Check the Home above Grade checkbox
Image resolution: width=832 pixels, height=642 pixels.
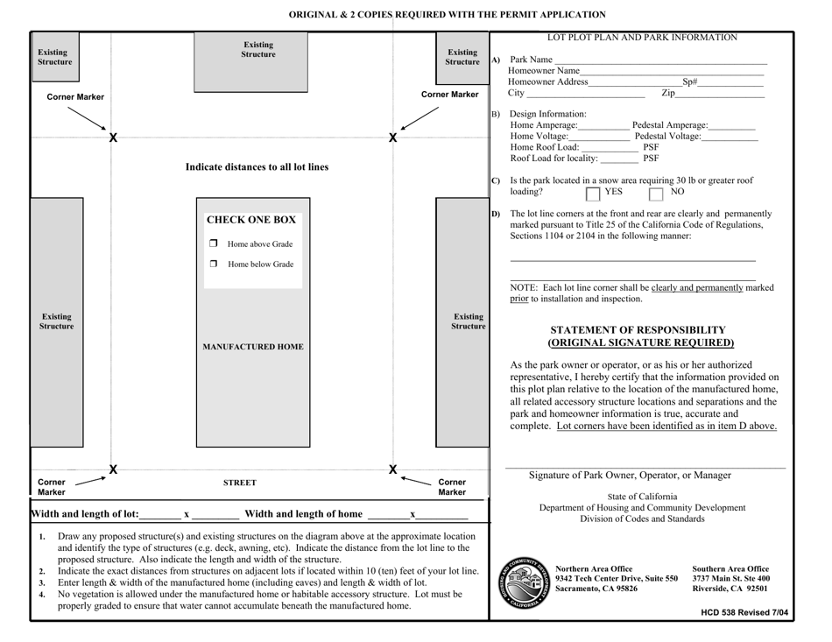tap(212, 243)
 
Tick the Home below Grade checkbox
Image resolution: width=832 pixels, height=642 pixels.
tap(212, 265)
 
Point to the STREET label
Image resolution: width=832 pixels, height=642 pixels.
tap(239, 482)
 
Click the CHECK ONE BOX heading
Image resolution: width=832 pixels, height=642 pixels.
tap(250, 219)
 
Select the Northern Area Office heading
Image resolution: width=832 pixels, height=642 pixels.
tap(594, 568)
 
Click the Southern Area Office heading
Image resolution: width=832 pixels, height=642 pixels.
tap(730, 568)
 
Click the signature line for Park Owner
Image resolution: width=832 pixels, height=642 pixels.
tap(645, 467)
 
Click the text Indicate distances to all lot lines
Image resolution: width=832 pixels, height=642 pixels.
tap(250, 166)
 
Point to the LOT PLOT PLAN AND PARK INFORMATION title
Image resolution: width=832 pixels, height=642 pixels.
tap(642, 37)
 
